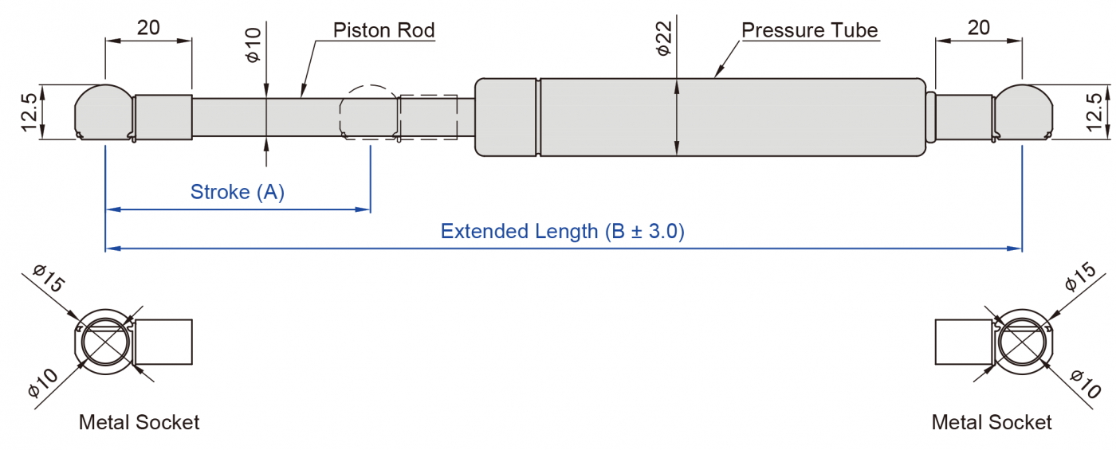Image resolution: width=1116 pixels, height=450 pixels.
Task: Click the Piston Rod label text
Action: (383, 31)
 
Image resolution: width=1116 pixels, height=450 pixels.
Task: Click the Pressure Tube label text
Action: (809, 31)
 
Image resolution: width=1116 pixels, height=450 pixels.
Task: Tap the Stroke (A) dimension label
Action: (237, 192)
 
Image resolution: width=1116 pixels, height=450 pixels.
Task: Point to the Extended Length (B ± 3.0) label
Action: (562, 232)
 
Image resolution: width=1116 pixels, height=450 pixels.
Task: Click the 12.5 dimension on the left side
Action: (29, 112)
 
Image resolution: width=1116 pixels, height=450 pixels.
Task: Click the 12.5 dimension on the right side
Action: (1093, 112)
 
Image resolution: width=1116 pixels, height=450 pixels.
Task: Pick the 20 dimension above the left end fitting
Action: (148, 27)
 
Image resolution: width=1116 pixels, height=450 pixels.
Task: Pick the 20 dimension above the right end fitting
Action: (978, 27)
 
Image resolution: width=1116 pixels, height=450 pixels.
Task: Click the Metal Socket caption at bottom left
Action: (139, 422)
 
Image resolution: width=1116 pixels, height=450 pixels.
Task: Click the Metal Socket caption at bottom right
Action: (992, 422)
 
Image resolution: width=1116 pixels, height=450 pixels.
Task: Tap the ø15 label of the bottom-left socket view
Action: (49, 281)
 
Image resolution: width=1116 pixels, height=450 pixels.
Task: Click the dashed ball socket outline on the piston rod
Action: (368, 112)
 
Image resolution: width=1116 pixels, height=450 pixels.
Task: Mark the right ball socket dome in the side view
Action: (1023, 112)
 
